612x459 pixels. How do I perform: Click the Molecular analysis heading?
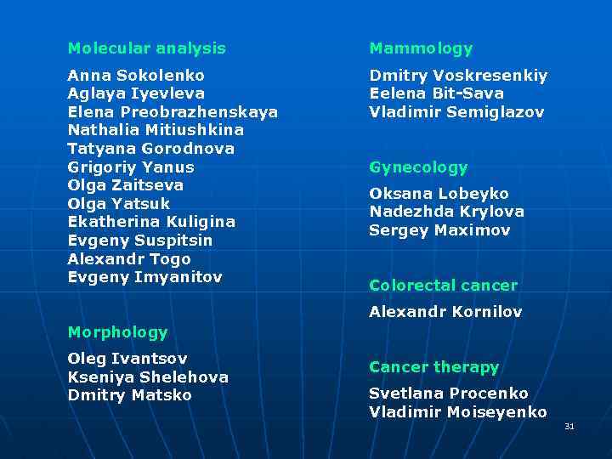(x=146, y=48)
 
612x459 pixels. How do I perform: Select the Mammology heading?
(x=421, y=48)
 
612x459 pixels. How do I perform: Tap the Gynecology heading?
(x=418, y=167)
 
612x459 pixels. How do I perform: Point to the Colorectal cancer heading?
(x=443, y=286)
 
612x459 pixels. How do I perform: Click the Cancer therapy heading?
(x=433, y=367)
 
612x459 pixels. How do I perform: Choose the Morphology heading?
(x=117, y=332)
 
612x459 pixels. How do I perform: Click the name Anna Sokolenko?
(x=136, y=75)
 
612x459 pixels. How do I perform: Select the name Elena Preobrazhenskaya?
(x=173, y=112)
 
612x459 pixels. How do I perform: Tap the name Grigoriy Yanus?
(x=131, y=167)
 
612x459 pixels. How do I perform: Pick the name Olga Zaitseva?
(x=126, y=185)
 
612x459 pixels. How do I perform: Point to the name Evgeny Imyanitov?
(x=144, y=277)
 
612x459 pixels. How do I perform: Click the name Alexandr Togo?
(x=129, y=259)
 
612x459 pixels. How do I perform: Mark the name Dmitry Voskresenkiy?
(x=458, y=76)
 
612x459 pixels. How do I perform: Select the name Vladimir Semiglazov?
(x=456, y=112)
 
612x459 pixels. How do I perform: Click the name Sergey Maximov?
(x=439, y=230)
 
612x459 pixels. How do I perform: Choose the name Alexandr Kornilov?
(x=445, y=312)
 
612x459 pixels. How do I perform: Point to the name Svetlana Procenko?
(x=449, y=394)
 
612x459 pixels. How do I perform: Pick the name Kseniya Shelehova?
(x=148, y=377)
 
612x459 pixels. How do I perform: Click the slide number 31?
(x=569, y=426)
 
